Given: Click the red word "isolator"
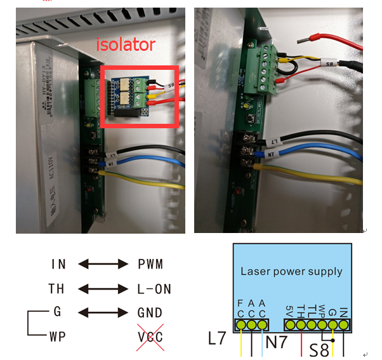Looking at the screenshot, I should pyautogui.click(x=125, y=45).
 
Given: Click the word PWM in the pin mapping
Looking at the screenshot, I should pyautogui.click(x=150, y=263).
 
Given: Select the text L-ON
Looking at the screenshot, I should pyautogui.click(x=154, y=289).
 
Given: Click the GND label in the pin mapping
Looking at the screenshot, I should pyautogui.click(x=150, y=312).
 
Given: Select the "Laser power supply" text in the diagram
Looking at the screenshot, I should pyautogui.click(x=291, y=271).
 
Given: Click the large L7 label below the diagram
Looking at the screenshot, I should pyautogui.click(x=216, y=337).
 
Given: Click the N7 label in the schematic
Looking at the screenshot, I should pyautogui.click(x=275, y=342).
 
